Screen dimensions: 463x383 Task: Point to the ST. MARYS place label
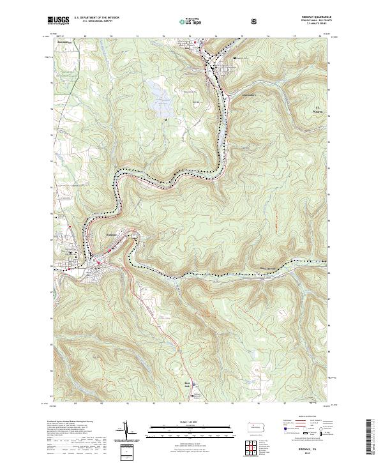click(x=320, y=109)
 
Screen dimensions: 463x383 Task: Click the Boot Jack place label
click(x=188, y=384)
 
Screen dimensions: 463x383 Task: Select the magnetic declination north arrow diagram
click(x=124, y=432)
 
